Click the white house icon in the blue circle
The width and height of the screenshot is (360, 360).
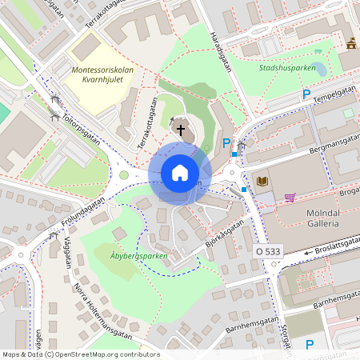click(179, 172)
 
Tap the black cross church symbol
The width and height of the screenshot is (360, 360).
click(181, 128)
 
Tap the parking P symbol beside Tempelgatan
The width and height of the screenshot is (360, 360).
click(306, 95)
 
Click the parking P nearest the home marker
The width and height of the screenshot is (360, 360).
click(226, 144)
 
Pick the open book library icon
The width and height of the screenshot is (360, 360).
click(262, 181)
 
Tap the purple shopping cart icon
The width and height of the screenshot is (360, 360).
click(290, 197)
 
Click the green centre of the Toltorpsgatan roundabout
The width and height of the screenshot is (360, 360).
click(123, 175)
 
